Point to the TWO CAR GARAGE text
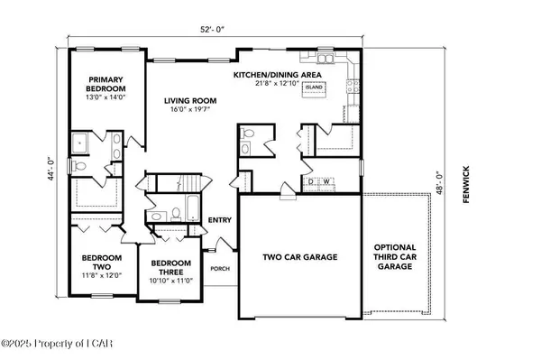tap(300, 257)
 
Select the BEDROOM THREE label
tap(171, 268)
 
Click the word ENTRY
tap(220, 220)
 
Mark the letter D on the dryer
tap(312, 182)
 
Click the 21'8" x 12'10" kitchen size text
tap(270, 84)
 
